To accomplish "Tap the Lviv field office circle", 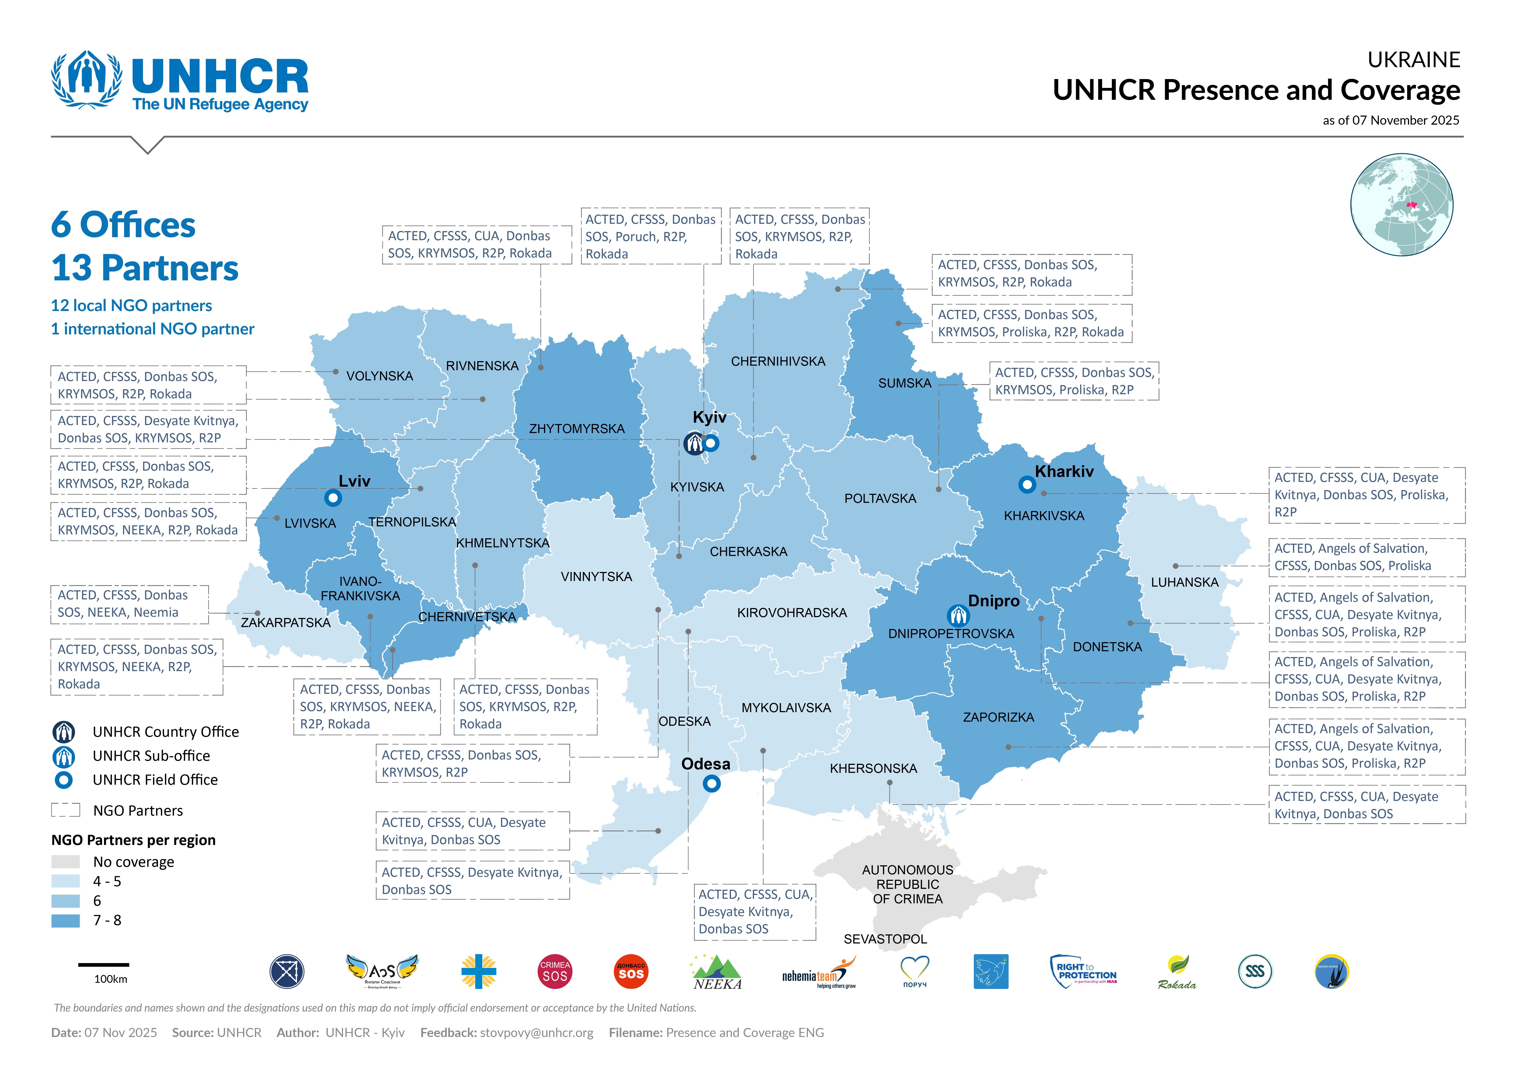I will (333, 497).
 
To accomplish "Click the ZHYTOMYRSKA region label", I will (576, 429).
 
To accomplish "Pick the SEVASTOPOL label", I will (885, 939).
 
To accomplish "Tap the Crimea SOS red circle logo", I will (555, 972).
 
